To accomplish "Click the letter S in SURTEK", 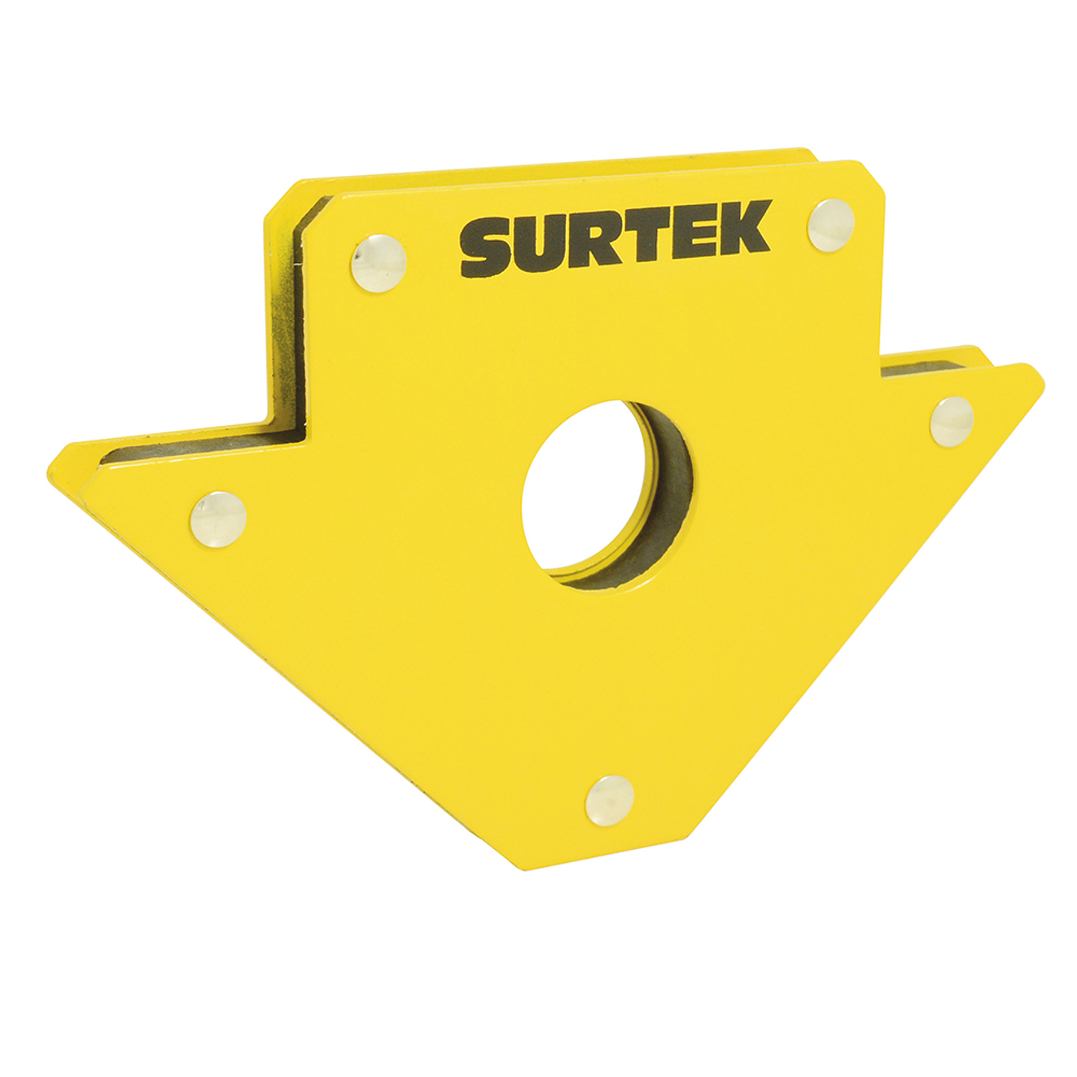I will tap(487, 248).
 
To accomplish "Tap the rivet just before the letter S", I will tap(379, 263).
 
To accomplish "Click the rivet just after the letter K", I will tap(830, 224).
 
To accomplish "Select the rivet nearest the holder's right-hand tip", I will tap(952, 421).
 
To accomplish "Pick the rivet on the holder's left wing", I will tap(218, 519).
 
